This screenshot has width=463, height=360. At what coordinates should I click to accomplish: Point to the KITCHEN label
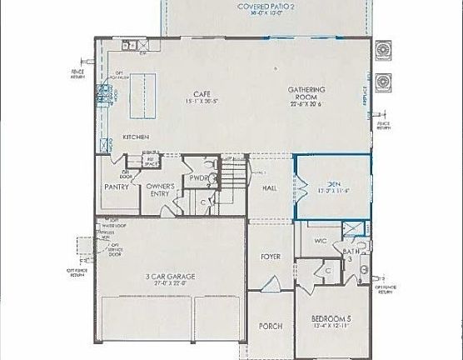pyautogui.click(x=136, y=137)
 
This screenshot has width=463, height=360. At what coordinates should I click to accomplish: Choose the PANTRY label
pyautogui.click(x=116, y=187)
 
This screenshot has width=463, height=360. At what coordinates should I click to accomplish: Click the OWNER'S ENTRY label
pyautogui.click(x=159, y=191)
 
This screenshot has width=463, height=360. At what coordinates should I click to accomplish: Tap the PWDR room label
pyautogui.click(x=199, y=178)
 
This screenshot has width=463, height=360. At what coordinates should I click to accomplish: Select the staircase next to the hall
pyautogui.click(x=234, y=177)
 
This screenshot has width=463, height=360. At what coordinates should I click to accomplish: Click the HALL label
pyautogui.click(x=269, y=189)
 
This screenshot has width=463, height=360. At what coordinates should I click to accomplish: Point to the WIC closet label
pyautogui.click(x=320, y=242)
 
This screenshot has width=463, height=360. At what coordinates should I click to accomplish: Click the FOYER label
pyautogui.click(x=269, y=256)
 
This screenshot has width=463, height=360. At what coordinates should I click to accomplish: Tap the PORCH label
pyautogui.click(x=270, y=326)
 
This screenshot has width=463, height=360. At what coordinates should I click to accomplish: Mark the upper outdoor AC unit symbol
pyautogui.click(x=383, y=52)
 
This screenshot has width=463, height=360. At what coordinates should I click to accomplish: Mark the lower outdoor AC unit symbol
pyautogui.click(x=383, y=82)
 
